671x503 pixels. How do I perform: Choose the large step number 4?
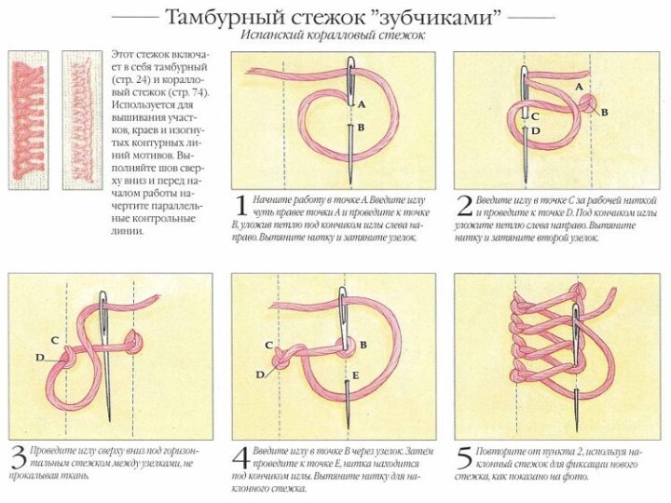240,457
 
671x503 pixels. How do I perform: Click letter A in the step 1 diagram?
361,105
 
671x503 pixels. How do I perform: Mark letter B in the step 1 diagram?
360,127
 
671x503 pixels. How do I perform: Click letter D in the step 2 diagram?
535,132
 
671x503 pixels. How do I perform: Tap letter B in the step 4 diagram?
363,345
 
